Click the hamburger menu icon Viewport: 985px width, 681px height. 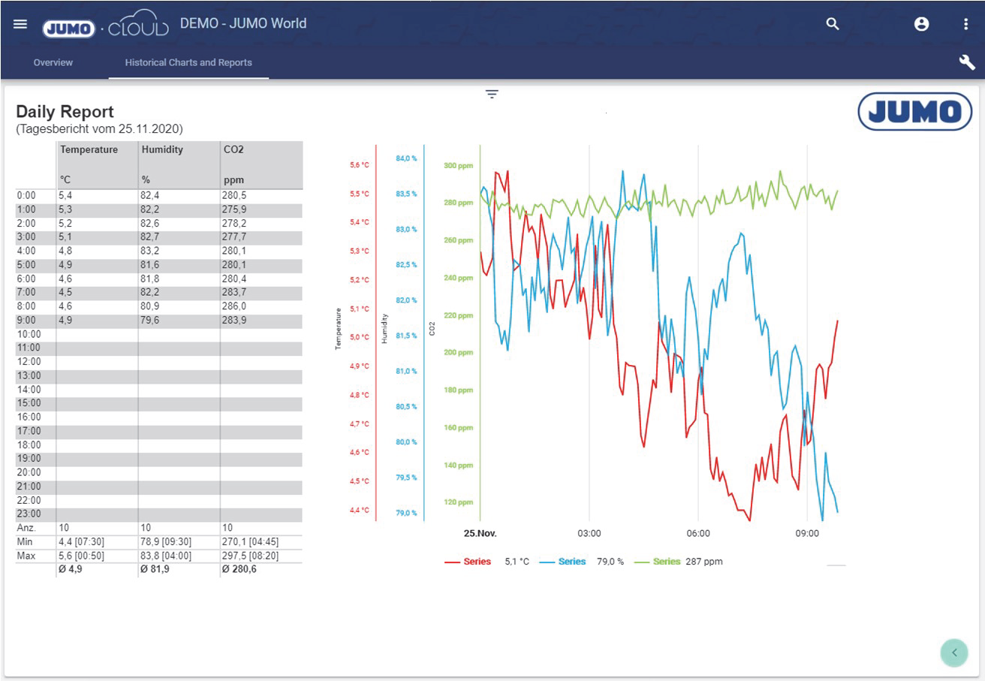click(x=20, y=24)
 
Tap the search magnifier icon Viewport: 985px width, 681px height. click(x=832, y=24)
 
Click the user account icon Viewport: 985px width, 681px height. click(x=921, y=24)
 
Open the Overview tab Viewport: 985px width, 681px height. click(x=53, y=62)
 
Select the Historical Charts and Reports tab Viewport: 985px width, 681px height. click(x=188, y=62)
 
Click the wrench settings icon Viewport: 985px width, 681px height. click(x=966, y=62)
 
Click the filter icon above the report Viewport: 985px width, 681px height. click(x=492, y=94)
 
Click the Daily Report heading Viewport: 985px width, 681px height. click(x=65, y=112)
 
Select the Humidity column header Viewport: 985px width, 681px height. click(x=162, y=149)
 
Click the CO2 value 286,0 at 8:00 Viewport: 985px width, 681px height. click(x=234, y=306)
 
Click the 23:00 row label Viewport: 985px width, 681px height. click(x=29, y=514)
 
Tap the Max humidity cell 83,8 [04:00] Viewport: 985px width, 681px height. click(x=166, y=556)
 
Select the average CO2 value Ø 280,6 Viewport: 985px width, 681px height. click(x=239, y=569)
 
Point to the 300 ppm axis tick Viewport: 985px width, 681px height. click(x=458, y=165)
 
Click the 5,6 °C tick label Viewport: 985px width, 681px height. click(x=360, y=165)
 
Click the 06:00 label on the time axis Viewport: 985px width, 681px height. click(x=697, y=534)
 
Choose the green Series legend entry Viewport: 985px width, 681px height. click(x=658, y=562)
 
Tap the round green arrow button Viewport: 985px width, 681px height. click(x=954, y=652)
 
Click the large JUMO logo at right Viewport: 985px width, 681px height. click(x=914, y=112)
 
